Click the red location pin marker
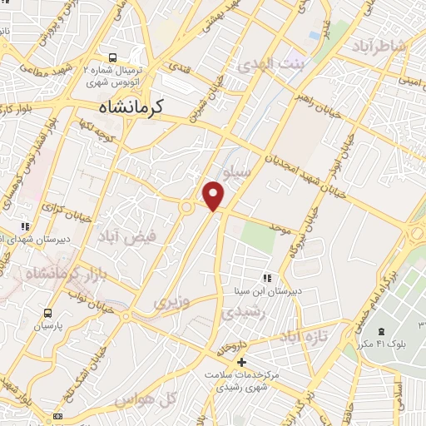pyautogui.click(x=214, y=195)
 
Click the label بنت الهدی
pyautogui.click(x=269, y=63)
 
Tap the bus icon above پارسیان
pyautogui.click(x=47, y=313)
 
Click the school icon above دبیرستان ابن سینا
pyautogui.click(x=267, y=278)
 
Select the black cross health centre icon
pyautogui.click(x=241, y=362)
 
